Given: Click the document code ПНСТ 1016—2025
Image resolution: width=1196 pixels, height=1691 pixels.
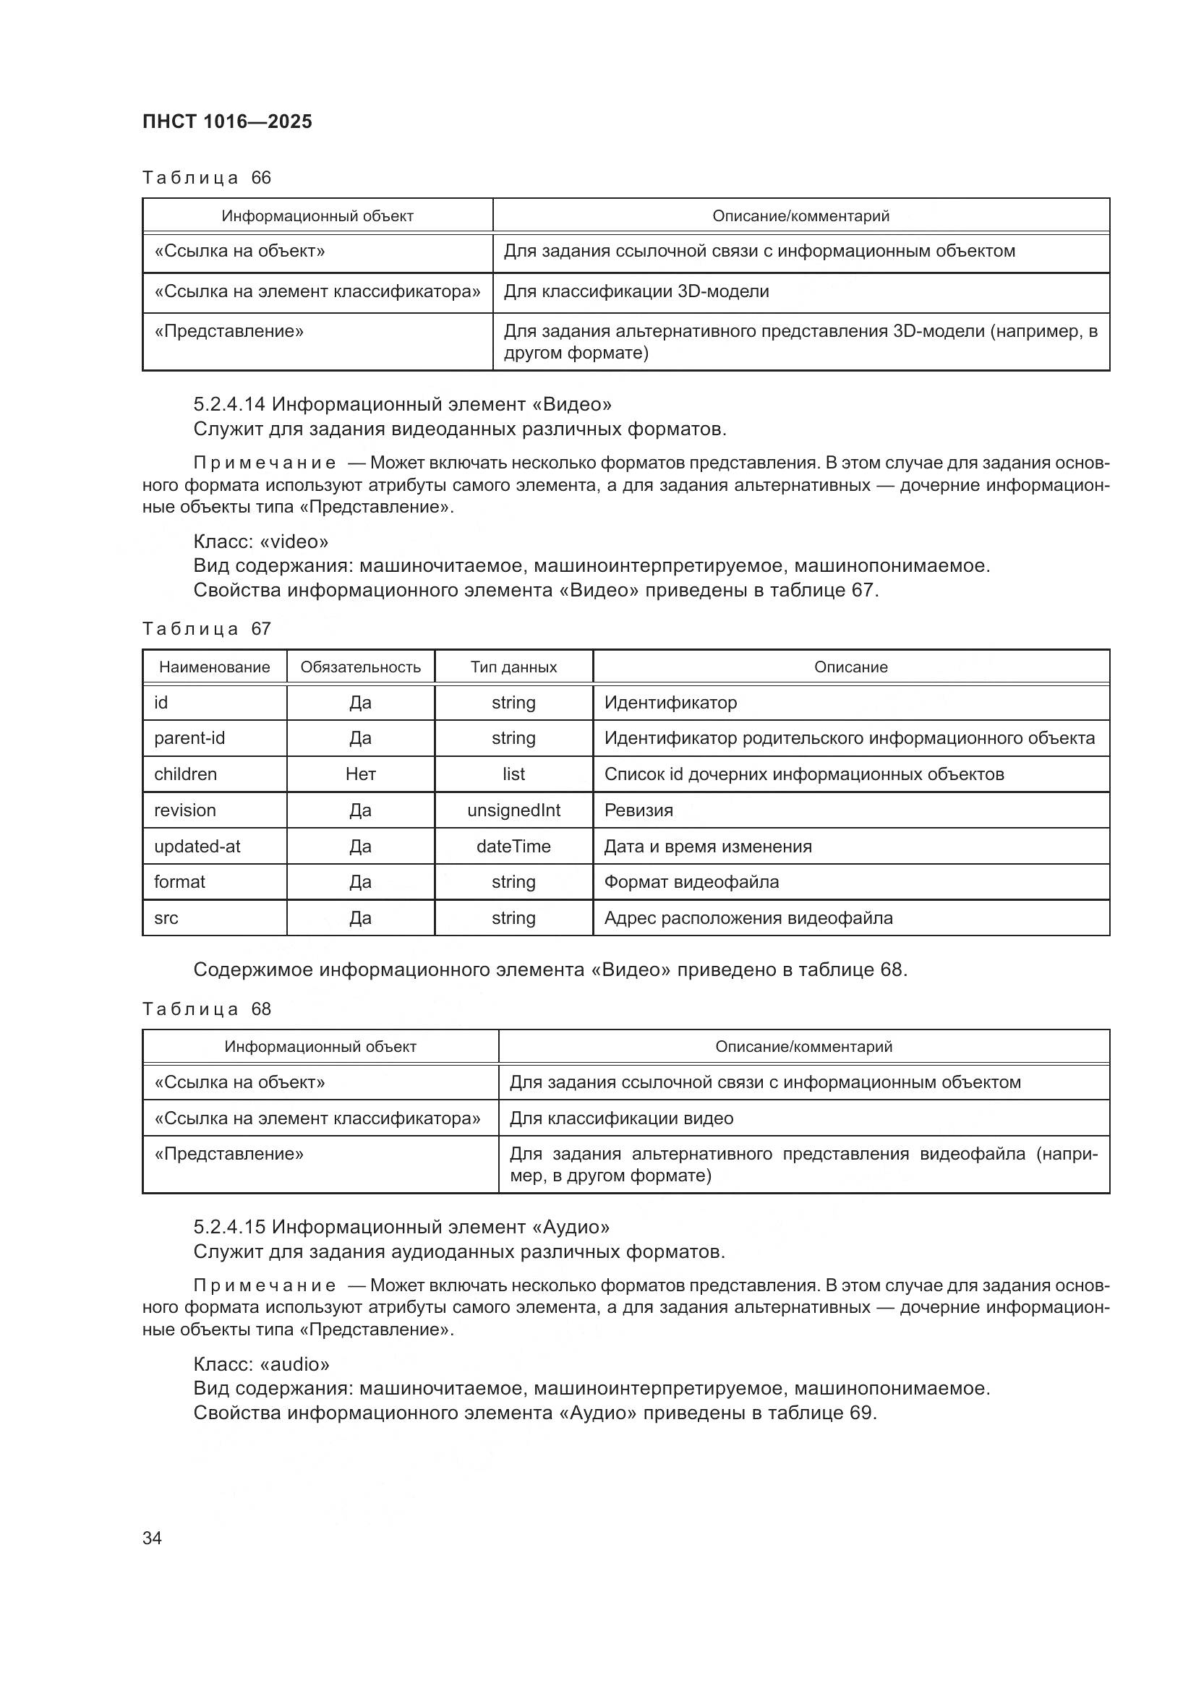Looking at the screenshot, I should coord(227,121).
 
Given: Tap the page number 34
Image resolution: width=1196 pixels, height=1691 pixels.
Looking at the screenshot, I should coord(153,1538).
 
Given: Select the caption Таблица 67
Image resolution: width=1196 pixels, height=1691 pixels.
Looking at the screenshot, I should coord(206,628).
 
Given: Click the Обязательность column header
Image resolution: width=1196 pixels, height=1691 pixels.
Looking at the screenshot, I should coord(360,667).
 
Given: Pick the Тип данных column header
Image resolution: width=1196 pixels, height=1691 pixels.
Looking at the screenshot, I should coord(513,667).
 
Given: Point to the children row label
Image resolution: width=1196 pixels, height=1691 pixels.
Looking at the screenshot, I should coord(185,774).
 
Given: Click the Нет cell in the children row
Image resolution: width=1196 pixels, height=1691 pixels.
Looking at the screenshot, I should coord(360,774).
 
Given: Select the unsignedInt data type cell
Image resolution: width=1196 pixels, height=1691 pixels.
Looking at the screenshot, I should coord(513,810).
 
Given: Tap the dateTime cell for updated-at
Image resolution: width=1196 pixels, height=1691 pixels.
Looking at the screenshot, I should coord(513,847).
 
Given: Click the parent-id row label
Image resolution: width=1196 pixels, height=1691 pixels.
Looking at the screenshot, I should coord(189,738).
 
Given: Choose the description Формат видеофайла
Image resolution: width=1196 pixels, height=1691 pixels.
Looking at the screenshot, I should coord(691,881).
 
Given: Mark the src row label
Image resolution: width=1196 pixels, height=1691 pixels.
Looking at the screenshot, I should coord(166,917).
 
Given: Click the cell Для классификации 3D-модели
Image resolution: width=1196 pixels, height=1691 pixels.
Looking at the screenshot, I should coord(636,291).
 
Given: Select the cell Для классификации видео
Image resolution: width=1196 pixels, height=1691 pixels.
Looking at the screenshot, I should coord(622,1118).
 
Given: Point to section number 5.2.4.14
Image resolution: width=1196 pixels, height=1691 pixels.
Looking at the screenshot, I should coord(229,403).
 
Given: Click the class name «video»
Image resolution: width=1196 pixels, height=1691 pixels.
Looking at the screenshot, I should coord(294,541).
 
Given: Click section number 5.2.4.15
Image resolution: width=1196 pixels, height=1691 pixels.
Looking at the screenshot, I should coord(229,1226).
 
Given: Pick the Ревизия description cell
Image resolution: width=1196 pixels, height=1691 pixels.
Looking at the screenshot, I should coord(638,810).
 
